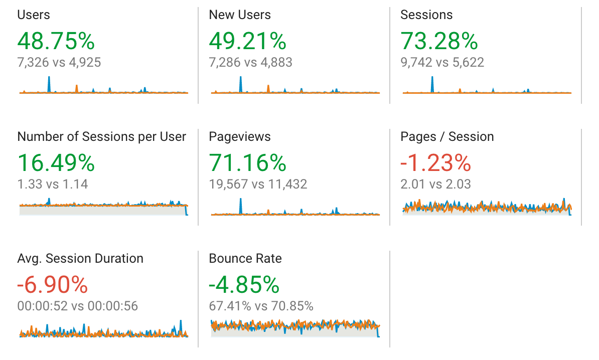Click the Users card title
click(x=34, y=15)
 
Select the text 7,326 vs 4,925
click(x=59, y=63)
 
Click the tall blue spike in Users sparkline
click(x=49, y=84)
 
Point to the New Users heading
click(x=239, y=15)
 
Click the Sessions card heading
click(x=426, y=15)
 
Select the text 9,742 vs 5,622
click(x=442, y=63)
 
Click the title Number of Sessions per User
click(x=101, y=137)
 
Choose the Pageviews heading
click(x=239, y=137)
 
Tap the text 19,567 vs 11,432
click(x=258, y=185)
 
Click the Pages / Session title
click(x=446, y=137)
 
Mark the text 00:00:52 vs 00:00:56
click(x=77, y=306)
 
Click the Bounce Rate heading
click(x=245, y=259)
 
